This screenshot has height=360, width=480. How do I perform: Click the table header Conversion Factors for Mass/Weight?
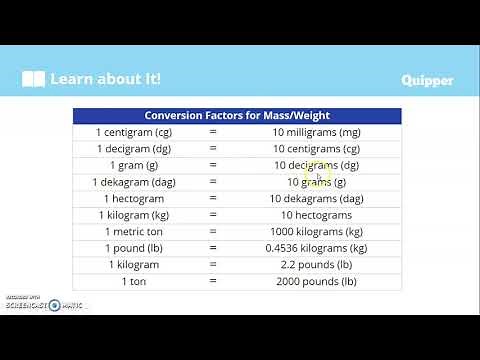(x=237, y=115)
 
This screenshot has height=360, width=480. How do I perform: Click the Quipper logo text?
(x=427, y=80)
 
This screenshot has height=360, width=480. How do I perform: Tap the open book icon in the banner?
(x=34, y=79)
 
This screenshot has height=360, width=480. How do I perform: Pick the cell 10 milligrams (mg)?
(x=317, y=132)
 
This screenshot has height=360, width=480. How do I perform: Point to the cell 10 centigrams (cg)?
(x=317, y=149)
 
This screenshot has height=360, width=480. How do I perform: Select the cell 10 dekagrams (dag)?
(x=317, y=198)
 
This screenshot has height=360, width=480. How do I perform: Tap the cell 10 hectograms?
(x=317, y=215)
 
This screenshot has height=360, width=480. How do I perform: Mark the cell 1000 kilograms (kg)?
(x=317, y=231)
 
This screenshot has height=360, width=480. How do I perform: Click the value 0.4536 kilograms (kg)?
(x=317, y=248)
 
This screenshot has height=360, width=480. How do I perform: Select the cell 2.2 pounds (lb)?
(x=317, y=265)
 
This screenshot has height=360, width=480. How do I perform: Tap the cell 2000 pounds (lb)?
(x=317, y=281)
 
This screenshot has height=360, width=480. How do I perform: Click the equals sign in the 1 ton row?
(x=213, y=281)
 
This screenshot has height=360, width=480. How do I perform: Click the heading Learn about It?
(x=105, y=79)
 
